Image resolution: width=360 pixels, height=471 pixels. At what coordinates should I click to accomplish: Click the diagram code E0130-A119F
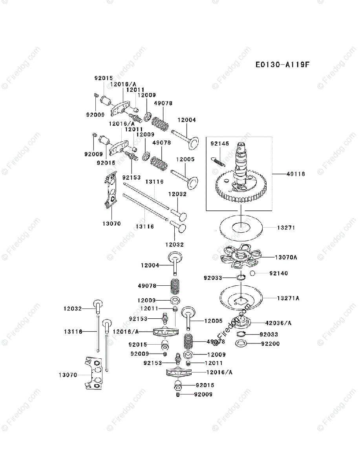282,64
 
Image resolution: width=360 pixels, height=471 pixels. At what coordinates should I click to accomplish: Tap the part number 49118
296,173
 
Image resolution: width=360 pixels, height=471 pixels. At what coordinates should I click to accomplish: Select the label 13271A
288,298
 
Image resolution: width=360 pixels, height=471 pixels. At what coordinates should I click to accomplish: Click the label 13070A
286,257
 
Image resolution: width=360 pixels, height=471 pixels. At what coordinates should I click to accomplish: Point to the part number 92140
278,273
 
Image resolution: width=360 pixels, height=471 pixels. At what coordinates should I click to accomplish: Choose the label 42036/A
278,323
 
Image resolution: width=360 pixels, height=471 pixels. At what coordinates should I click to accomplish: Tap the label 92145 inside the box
219,144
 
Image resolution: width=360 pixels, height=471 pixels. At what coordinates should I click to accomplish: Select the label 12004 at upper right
186,120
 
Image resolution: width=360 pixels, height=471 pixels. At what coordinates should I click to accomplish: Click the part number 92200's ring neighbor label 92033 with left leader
213,278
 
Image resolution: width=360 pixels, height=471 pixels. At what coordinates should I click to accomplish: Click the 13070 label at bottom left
68,375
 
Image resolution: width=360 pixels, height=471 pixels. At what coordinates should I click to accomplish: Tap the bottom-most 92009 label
203,394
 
